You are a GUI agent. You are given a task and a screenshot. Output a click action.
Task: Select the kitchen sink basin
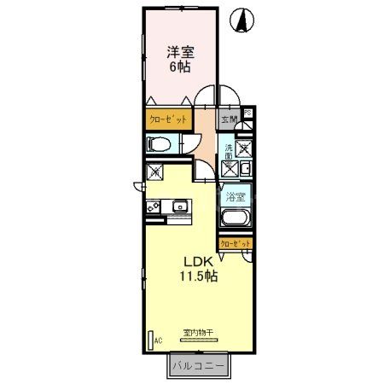tap(181, 206)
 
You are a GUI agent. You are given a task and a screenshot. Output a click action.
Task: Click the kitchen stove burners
tap(154, 206)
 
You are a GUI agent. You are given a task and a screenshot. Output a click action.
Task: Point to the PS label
tap(248, 113)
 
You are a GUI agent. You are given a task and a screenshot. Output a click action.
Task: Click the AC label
tap(158, 340)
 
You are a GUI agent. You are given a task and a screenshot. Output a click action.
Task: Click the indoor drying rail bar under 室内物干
tap(197, 339)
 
